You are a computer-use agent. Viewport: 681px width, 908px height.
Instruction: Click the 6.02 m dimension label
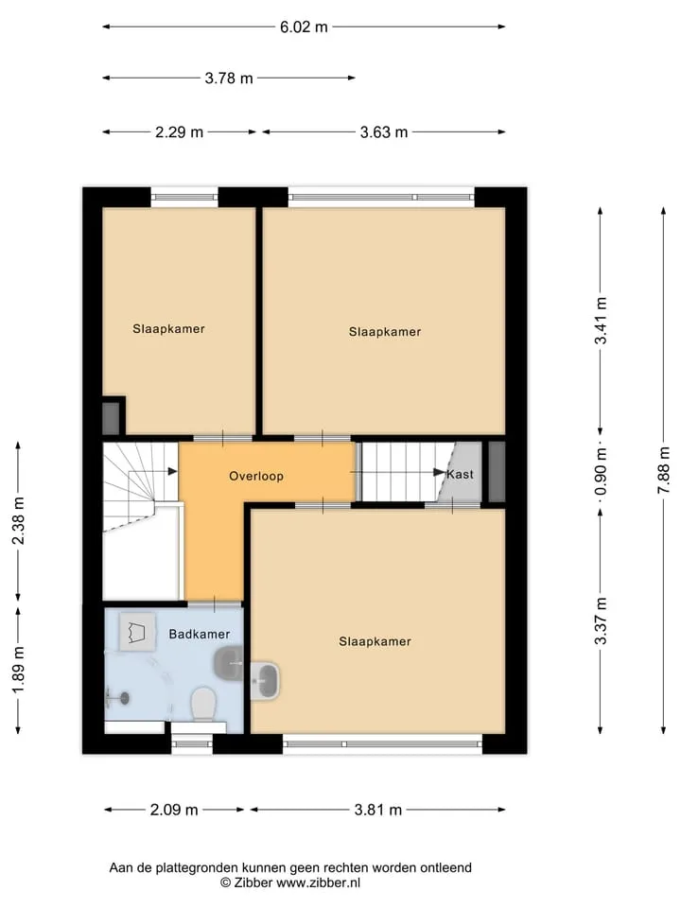tap(304, 27)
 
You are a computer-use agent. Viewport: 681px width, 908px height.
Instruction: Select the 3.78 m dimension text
tap(229, 79)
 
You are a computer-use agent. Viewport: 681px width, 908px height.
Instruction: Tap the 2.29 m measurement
tap(179, 132)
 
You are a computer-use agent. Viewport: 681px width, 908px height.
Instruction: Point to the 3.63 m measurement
tap(384, 132)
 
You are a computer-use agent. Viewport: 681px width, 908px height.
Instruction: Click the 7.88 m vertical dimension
tap(664, 470)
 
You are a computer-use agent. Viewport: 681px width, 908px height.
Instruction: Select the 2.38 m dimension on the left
tap(19, 520)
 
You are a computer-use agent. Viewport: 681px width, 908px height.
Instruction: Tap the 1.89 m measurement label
tap(19, 670)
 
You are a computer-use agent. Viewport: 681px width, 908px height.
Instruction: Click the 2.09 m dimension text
tap(174, 811)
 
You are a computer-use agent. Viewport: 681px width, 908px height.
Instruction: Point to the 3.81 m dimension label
tap(377, 811)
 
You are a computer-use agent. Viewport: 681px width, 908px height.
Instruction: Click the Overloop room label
tap(256, 477)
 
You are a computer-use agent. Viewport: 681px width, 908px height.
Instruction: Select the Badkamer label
tap(200, 634)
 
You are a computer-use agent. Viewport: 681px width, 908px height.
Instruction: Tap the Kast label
tap(461, 474)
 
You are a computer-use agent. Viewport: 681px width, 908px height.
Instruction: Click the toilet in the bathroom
tap(203, 704)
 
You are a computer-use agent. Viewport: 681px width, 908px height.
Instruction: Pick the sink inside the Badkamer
tap(228, 664)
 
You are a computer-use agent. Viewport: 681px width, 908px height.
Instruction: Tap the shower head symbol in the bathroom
tap(118, 698)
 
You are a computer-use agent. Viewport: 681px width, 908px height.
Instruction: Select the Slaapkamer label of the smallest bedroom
tap(168, 329)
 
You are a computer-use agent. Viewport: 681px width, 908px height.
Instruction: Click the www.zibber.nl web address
tap(318, 883)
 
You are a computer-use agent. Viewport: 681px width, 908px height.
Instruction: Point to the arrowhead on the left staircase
tap(172, 471)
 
